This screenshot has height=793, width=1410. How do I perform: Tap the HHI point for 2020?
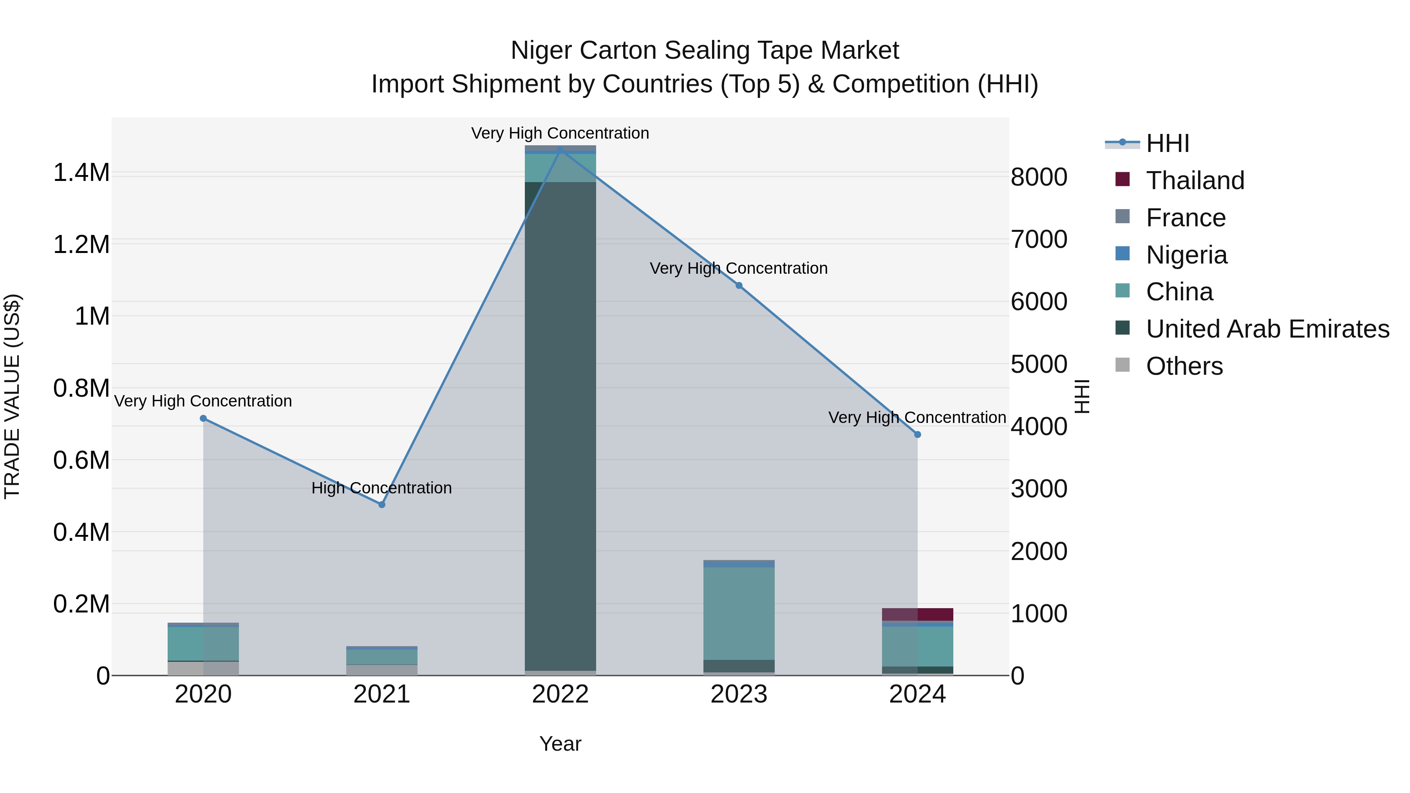tap(203, 418)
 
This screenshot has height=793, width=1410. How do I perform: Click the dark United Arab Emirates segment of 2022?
tap(560, 427)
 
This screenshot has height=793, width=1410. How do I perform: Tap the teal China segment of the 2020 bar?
tap(203, 643)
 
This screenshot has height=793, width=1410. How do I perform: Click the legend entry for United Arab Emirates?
tap(1267, 329)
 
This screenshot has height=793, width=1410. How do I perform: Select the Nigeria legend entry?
tap(1186, 255)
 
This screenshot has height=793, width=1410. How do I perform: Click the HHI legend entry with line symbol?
tap(1167, 143)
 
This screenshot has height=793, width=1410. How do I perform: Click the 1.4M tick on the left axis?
tap(81, 173)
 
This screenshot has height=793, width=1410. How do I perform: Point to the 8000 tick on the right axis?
tap(1038, 177)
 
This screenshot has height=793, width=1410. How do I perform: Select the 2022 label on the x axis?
tap(560, 694)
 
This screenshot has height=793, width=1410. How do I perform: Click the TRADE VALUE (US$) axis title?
tap(12, 396)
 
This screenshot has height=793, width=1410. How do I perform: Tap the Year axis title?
tap(560, 744)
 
